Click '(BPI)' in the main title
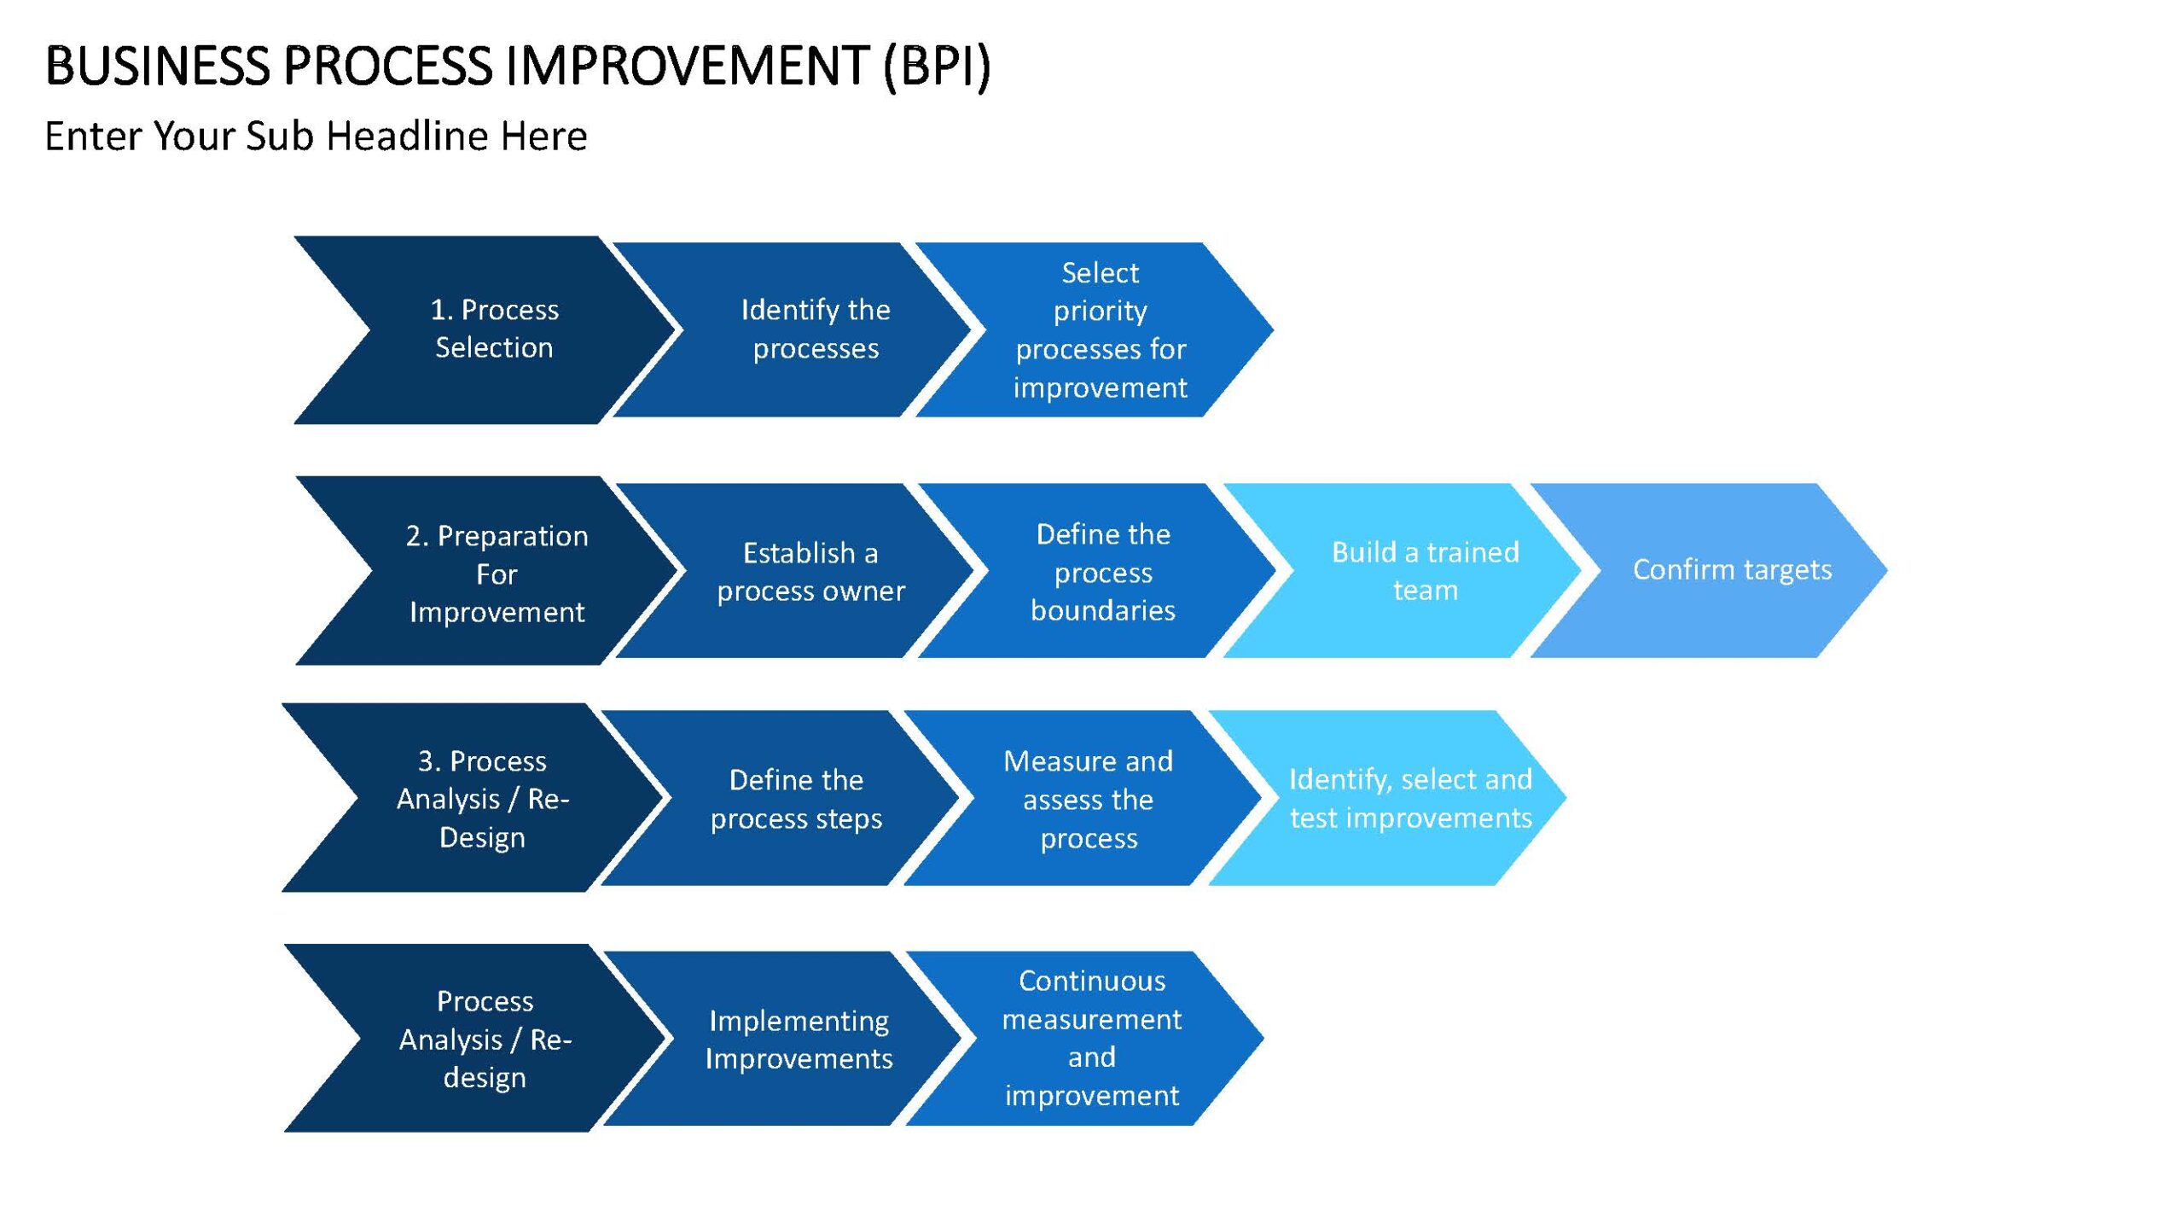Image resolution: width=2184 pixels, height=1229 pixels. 937,67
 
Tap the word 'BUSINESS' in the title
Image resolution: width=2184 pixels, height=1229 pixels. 157,66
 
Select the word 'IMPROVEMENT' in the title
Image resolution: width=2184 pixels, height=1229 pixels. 688,66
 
